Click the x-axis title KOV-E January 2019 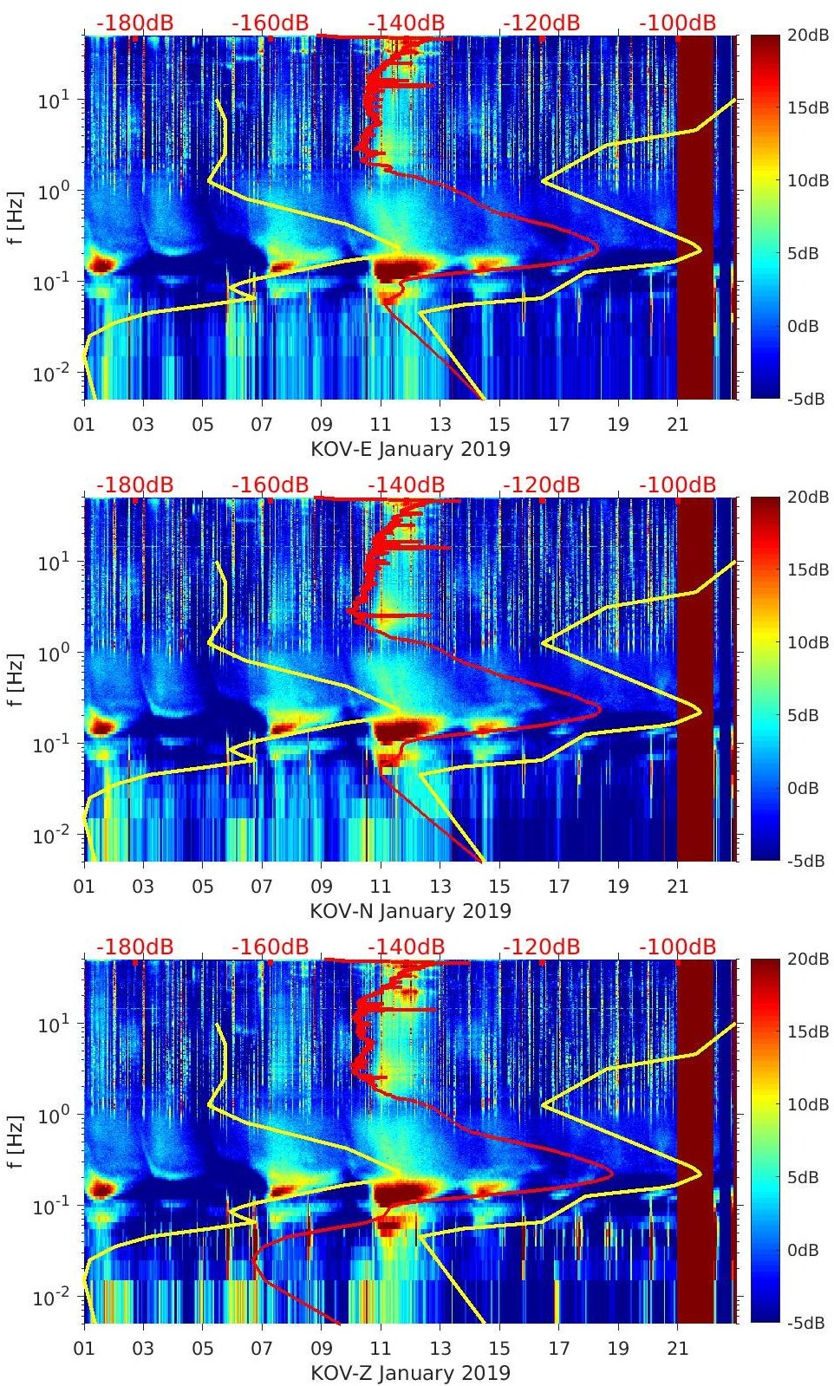pyautogui.click(x=410, y=449)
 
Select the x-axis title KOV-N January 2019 pyautogui.click(x=410, y=911)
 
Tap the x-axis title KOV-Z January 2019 pyautogui.click(x=410, y=1373)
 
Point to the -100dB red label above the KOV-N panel pyautogui.click(x=677, y=485)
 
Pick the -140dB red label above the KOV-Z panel pyautogui.click(x=406, y=947)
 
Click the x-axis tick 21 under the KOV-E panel pyautogui.click(x=677, y=425)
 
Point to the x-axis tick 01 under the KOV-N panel pyautogui.click(x=84, y=887)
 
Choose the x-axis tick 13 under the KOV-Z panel pyautogui.click(x=440, y=1349)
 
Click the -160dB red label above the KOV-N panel pyautogui.click(x=270, y=485)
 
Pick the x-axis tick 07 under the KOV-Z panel pyautogui.click(x=262, y=1349)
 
